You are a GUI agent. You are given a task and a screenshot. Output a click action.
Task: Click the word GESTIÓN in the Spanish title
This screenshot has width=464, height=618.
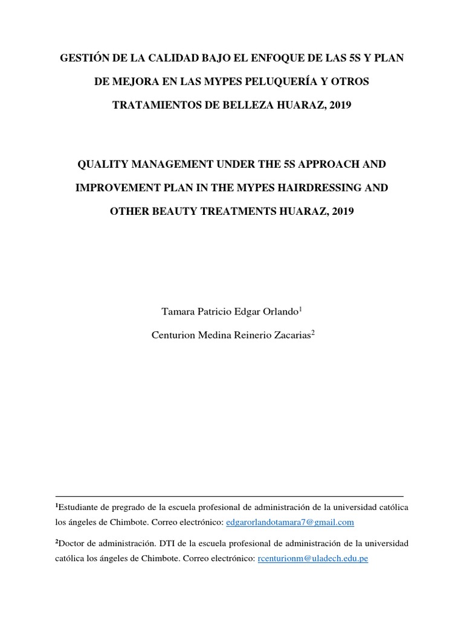82,59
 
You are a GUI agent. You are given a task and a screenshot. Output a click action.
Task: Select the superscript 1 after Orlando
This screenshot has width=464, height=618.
300,309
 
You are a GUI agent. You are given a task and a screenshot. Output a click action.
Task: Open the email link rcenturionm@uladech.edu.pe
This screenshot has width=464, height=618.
312,559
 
